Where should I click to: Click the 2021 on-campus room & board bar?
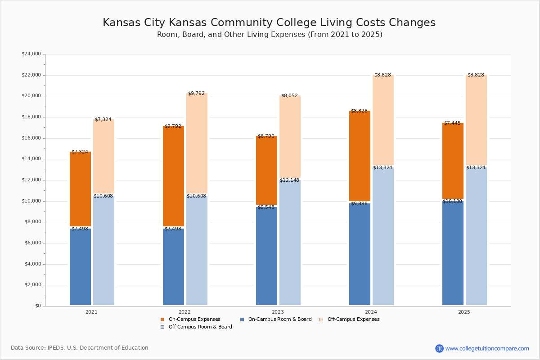(x=80, y=267)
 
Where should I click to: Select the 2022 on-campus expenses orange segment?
(x=173, y=176)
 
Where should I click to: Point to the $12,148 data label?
(x=289, y=180)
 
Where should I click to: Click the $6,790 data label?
(x=266, y=136)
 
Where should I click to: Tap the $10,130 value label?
(x=452, y=202)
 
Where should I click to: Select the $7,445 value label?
(x=452, y=123)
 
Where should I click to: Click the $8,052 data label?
(x=289, y=96)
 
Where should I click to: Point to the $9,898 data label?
(x=359, y=204)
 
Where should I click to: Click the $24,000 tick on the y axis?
(x=31, y=54)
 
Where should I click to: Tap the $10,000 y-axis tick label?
(x=31, y=201)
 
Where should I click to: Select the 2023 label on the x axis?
(x=278, y=312)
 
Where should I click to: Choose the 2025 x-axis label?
(x=464, y=312)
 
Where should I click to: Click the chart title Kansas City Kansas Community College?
(x=269, y=23)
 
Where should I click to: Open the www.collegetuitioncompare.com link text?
(x=487, y=348)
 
